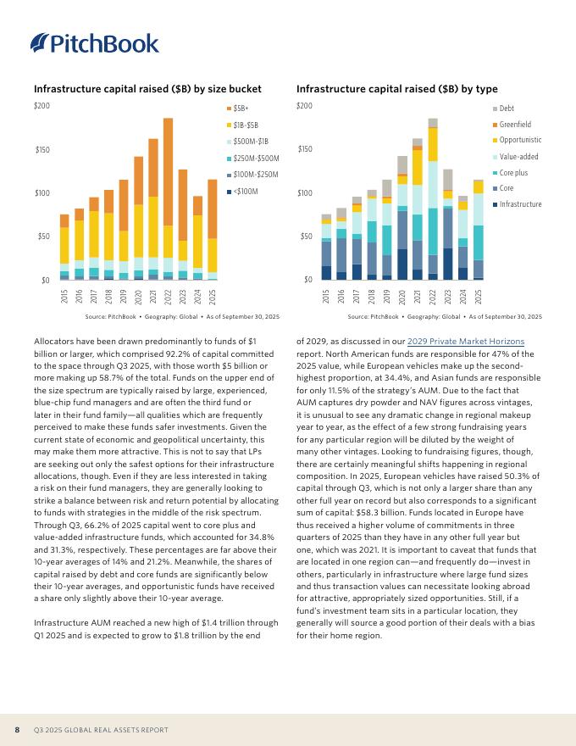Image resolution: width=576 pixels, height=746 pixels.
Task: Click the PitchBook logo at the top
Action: click(x=94, y=43)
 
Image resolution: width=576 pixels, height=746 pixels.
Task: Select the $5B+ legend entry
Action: click(x=240, y=109)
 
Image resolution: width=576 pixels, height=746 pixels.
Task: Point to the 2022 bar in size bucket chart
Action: click(x=168, y=198)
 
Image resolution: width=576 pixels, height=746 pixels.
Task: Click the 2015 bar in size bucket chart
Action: click(x=64, y=247)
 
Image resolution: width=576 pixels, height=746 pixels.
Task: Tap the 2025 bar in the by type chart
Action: click(x=479, y=230)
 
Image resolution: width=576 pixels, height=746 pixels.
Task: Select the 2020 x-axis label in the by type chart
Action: click(x=402, y=296)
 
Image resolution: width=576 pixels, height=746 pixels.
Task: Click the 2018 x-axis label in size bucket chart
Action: click(x=108, y=296)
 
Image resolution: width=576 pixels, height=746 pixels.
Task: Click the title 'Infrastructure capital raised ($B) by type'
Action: click(x=396, y=89)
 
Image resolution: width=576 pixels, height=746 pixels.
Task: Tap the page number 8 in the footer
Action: click(x=17, y=730)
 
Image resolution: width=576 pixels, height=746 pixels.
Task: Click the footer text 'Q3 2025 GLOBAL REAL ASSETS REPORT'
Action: click(x=101, y=730)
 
